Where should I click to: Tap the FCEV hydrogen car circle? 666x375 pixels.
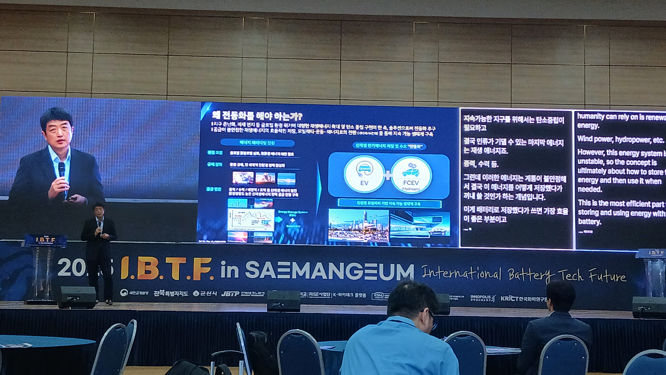(x=411, y=175)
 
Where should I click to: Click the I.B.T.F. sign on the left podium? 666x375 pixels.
(x=46, y=240)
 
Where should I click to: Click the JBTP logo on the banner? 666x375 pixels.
(x=230, y=294)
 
